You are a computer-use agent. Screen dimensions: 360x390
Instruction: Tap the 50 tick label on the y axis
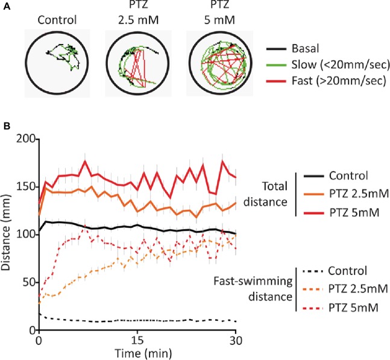click(28, 282)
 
